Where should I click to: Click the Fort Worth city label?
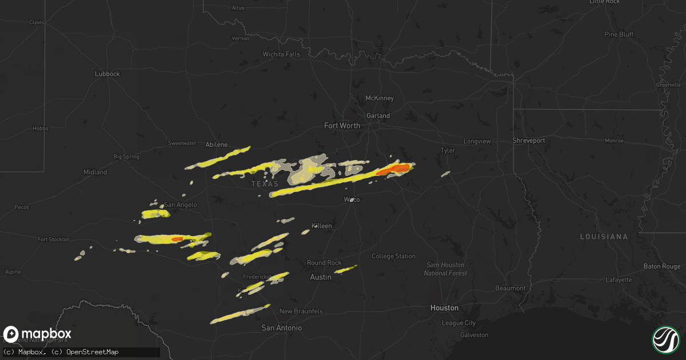pos(342,126)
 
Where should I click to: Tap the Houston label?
pos(445,308)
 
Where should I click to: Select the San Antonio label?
pos(281,329)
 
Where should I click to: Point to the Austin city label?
pos(320,277)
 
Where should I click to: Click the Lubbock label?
pos(107,74)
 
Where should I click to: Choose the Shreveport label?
pos(529,141)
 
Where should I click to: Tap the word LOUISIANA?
pos(604,237)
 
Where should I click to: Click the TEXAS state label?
pos(265,184)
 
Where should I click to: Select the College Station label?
pos(393,257)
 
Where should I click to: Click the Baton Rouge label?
pos(662,266)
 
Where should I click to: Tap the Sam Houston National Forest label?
pos(445,269)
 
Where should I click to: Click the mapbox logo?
pos(37,334)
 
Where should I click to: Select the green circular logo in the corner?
pos(665,339)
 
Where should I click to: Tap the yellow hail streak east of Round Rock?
pos(346,269)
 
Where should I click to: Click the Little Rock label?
pos(605,2)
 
